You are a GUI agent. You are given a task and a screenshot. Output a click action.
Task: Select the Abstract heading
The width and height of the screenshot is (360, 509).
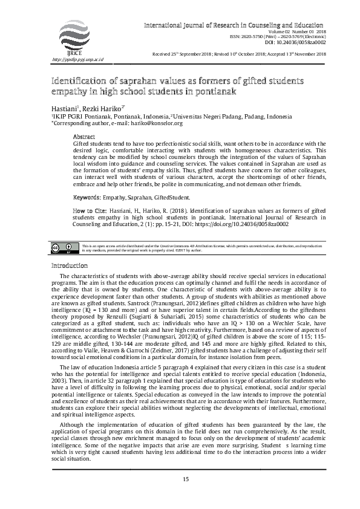tap(83, 136)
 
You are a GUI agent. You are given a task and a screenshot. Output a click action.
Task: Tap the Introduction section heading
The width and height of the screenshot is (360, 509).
tap(70, 266)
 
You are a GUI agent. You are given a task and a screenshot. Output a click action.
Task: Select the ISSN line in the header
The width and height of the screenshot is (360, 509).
tap(287, 37)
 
